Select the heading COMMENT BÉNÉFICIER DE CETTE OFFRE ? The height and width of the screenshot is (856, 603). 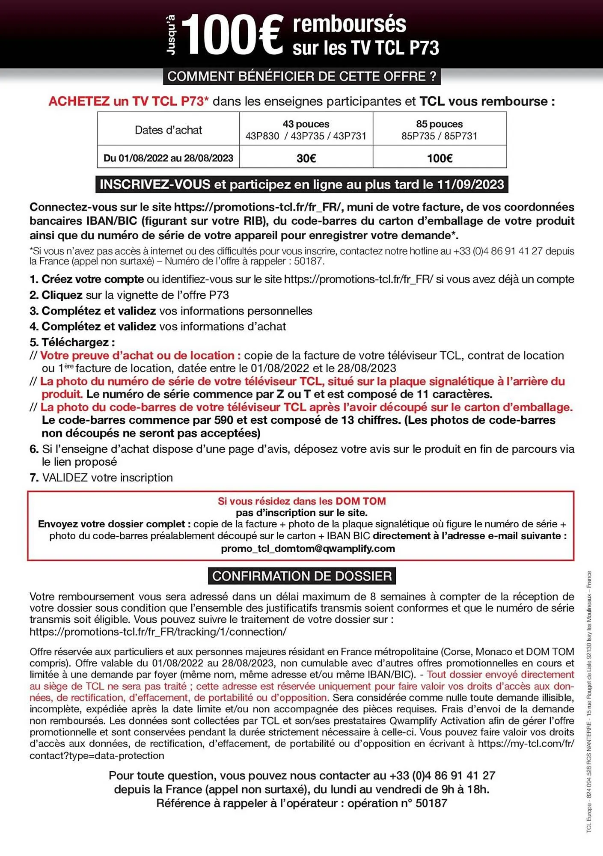[302, 77]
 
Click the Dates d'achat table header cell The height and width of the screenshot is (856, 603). [168, 130]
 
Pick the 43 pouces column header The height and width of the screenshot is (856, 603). [306, 124]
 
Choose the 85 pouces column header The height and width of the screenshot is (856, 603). [440, 124]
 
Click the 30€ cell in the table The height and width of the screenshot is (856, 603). [306, 158]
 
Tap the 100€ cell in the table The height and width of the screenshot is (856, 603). [440, 158]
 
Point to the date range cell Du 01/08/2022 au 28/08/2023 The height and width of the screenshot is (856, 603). [168, 158]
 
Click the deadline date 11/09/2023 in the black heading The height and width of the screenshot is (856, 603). [470, 184]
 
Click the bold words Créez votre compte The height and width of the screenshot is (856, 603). [92, 279]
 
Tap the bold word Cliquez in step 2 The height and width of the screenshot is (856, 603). [62, 295]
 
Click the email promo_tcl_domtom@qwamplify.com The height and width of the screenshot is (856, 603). [308, 549]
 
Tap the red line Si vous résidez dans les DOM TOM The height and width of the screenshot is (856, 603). [302, 501]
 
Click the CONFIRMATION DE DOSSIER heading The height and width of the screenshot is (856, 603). [302, 576]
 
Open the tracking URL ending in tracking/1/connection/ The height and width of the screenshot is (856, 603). [158, 632]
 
